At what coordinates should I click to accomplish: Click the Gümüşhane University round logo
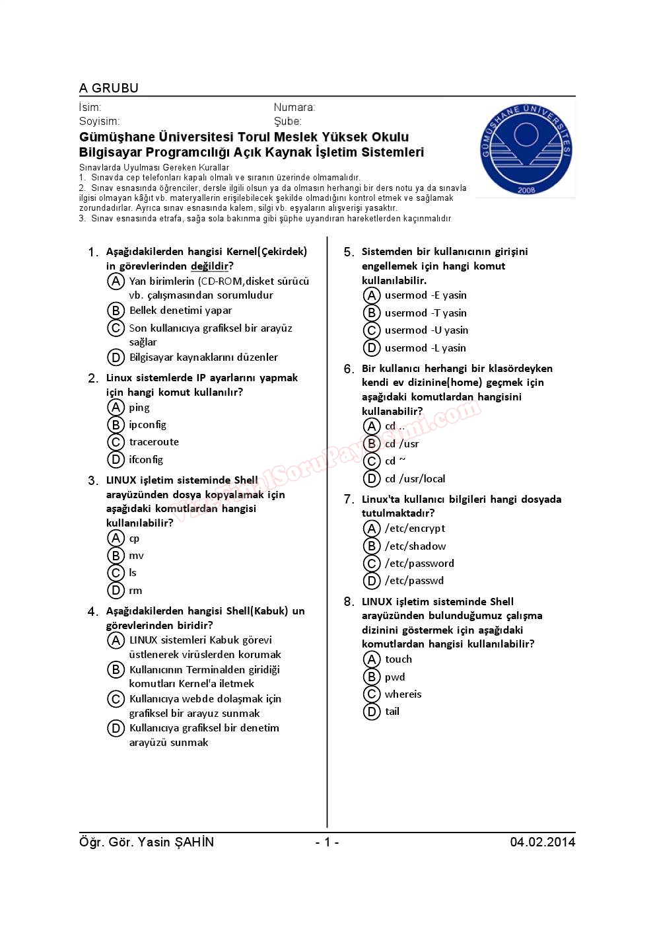pyautogui.click(x=526, y=150)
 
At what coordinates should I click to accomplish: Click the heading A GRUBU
pyautogui.click(x=109, y=88)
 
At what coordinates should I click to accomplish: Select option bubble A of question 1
pyautogui.click(x=116, y=281)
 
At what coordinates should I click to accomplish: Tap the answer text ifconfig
pyautogui.click(x=146, y=459)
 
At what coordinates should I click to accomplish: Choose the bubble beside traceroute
pyautogui.click(x=116, y=442)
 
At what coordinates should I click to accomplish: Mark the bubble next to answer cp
pyautogui.click(x=116, y=538)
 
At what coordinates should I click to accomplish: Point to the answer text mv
pyautogui.click(x=136, y=556)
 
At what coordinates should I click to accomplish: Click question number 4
pyautogui.click(x=92, y=612)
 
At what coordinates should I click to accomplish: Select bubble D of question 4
pyautogui.click(x=116, y=728)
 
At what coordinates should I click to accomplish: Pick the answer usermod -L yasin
pyautogui.click(x=425, y=348)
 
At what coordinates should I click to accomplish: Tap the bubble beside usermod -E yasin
pyautogui.click(x=372, y=295)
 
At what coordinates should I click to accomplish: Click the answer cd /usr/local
pyautogui.click(x=415, y=479)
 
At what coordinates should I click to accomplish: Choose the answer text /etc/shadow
pyautogui.click(x=415, y=546)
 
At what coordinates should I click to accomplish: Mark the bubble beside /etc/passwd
pyautogui.click(x=372, y=581)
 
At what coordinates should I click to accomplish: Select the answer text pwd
pyautogui.click(x=395, y=677)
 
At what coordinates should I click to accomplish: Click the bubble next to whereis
pyautogui.click(x=372, y=694)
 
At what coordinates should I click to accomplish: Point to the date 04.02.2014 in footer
pyautogui.click(x=542, y=842)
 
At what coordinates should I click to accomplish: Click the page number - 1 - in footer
pyautogui.click(x=327, y=842)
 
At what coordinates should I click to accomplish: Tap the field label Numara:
pyautogui.click(x=294, y=107)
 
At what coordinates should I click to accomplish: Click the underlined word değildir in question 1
pyautogui.click(x=209, y=266)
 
